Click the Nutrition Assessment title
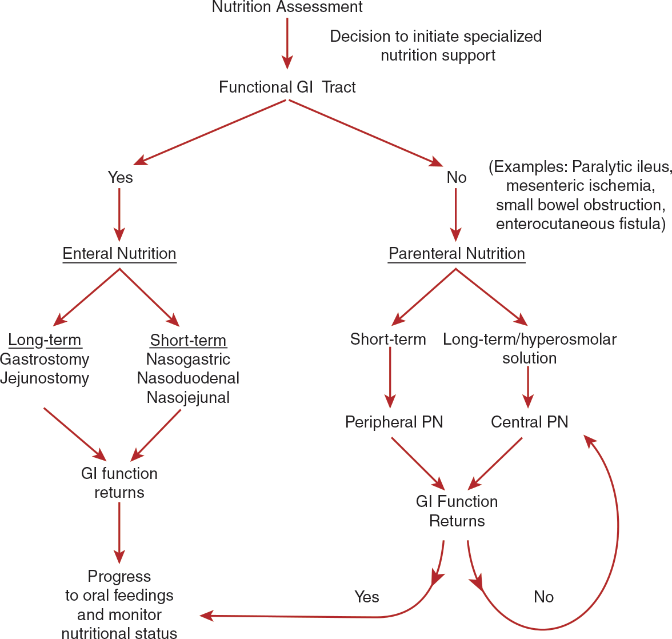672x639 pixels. (x=287, y=7)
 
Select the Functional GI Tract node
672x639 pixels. (x=287, y=87)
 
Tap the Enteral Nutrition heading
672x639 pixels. (x=119, y=253)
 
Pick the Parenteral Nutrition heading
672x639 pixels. (x=457, y=253)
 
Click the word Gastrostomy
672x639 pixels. (x=45, y=359)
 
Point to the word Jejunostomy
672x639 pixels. (x=45, y=378)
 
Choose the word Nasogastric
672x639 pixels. (x=188, y=359)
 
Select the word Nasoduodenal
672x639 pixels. (x=188, y=378)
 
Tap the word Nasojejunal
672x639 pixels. (x=188, y=397)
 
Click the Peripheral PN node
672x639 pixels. (x=394, y=422)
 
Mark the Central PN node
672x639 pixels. (x=530, y=422)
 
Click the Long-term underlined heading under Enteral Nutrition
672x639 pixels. (x=45, y=340)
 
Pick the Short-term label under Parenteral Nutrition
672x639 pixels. (x=388, y=339)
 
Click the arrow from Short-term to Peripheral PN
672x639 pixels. (x=390, y=377)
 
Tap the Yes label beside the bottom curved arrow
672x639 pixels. (x=366, y=597)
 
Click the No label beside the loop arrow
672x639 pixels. (x=543, y=597)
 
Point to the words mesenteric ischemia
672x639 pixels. (x=580, y=185)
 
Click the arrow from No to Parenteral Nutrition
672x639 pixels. (x=455, y=215)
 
